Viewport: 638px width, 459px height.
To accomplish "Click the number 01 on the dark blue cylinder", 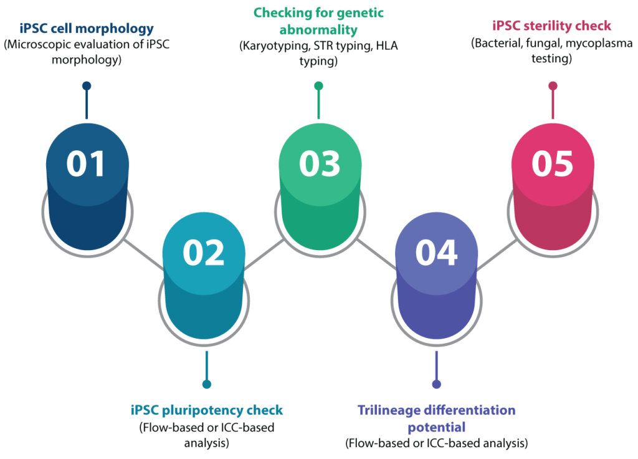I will click(87, 164).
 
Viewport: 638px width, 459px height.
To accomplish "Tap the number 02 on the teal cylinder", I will click(204, 253).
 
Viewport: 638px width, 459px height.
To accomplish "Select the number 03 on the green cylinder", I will click(320, 164).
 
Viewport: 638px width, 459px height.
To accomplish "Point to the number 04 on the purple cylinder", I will click(436, 253).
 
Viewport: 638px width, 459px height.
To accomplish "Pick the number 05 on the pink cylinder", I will click(553, 164).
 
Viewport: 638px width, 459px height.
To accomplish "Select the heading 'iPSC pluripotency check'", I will click(207, 410).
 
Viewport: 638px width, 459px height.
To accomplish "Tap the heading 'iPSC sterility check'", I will click(552, 26).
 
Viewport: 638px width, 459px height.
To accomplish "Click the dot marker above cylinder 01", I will click(87, 86).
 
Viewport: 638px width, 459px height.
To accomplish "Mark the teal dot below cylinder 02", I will click(207, 384).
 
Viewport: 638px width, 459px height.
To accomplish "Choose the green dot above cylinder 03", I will click(319, 86).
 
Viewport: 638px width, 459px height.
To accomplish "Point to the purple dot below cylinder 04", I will click(436, 384).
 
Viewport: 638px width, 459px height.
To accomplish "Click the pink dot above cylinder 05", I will click(553, 86).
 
